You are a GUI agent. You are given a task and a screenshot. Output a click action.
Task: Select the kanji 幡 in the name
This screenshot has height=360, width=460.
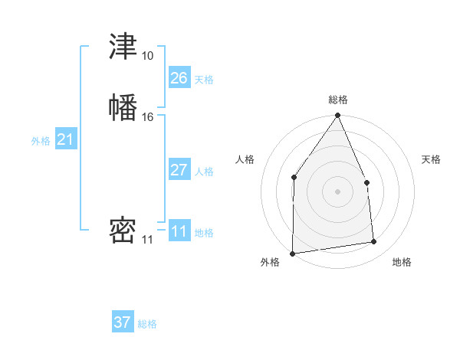point(123,106)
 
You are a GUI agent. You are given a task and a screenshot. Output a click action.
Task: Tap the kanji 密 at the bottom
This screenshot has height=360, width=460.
point(123,230)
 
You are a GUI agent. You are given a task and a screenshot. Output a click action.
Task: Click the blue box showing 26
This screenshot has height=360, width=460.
point(179,78)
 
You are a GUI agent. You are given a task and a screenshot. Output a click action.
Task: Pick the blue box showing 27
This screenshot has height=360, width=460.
point(179,170)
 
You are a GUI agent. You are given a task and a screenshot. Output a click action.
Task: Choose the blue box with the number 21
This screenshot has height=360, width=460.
point(66,139)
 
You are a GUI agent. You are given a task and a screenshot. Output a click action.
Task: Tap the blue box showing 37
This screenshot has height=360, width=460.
point(123,322)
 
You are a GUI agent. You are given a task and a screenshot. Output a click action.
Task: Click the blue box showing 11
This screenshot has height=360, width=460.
point(179,231)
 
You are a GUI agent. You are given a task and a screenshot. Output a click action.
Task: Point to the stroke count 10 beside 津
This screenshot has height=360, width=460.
point(147,56)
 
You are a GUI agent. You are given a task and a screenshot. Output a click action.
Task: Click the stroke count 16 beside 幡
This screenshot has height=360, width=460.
point(147,117)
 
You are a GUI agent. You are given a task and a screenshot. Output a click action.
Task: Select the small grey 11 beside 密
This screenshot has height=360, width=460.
point(147,240)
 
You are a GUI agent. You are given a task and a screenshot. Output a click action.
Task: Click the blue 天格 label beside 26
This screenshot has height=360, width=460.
point(204,80)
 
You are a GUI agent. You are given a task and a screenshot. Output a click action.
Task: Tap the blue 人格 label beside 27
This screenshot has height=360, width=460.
point(204,172)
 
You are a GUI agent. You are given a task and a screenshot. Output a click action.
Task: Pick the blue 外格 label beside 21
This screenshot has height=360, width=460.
point(41,141)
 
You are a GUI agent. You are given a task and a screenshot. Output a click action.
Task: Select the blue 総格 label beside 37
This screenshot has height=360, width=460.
point(147,324)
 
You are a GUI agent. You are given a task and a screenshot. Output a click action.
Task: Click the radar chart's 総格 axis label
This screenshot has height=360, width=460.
point(338,100)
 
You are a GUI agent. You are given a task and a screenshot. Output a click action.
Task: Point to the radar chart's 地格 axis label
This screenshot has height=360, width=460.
point(402,262)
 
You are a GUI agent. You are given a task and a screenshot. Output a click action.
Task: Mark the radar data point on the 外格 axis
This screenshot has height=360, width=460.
point(292,254)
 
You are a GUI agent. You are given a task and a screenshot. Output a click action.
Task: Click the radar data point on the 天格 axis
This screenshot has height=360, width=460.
point(366,182)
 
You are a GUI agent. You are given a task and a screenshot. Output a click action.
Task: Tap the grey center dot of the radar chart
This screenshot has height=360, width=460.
point(337,191)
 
